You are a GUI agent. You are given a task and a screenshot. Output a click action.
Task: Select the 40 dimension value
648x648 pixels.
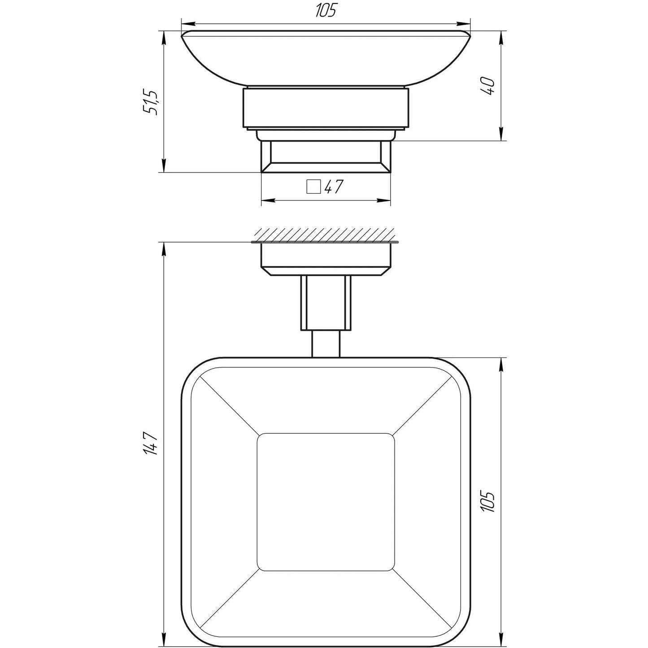[x=490, y=85]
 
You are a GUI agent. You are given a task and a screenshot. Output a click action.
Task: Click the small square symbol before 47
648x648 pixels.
[x=313, y=186]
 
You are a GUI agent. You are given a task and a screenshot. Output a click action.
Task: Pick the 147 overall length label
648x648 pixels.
[x=152, y=443]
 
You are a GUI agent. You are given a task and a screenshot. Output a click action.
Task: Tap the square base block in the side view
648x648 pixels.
[x=326, y=157]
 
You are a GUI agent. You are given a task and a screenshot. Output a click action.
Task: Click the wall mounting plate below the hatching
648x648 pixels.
[x=326, y=258]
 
